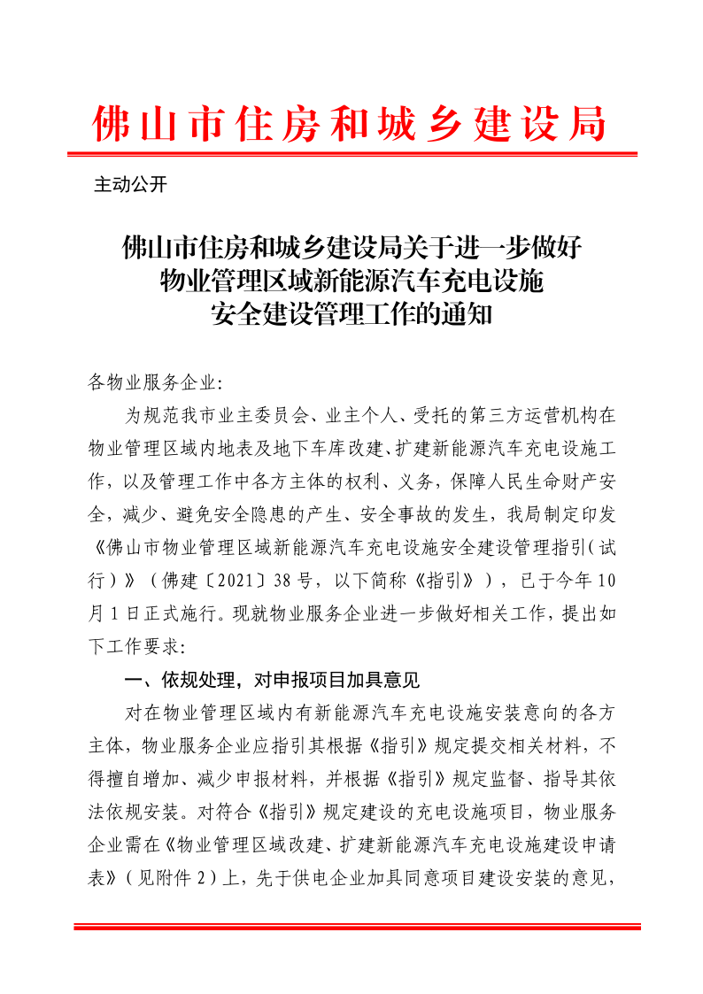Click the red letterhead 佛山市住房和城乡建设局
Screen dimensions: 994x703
point(351,123)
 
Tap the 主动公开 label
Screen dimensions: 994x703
point(130,185)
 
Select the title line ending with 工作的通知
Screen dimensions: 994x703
point(351,313)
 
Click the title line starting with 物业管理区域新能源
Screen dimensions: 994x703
point(351,281)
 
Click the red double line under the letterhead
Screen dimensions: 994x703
point(351,155)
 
